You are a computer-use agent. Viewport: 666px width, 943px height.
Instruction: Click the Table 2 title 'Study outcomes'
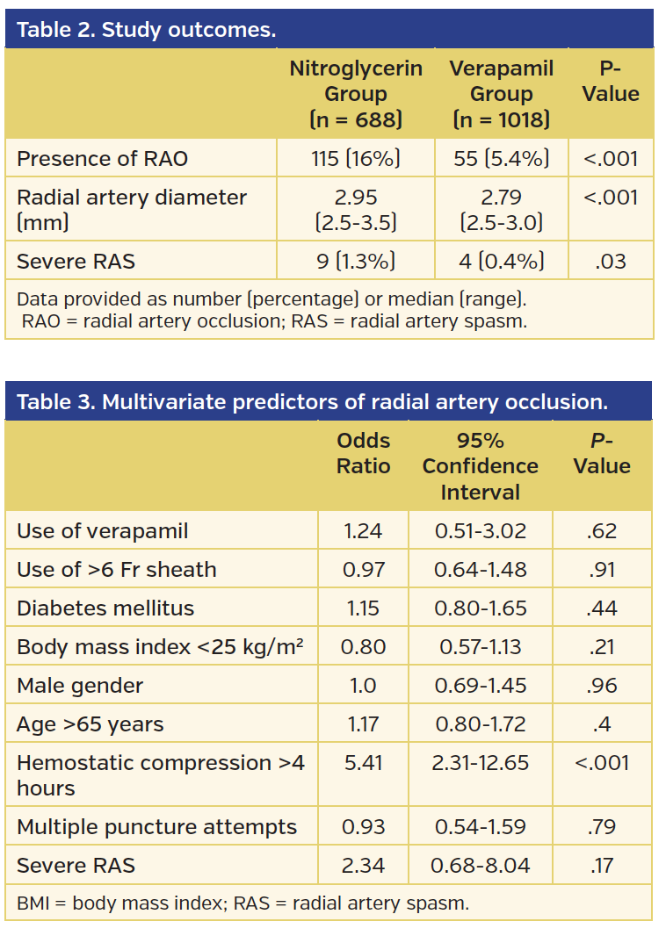pyautogui.click(x=146, y=30)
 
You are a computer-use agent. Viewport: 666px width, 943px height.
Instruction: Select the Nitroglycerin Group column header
pyautogui.click(x=356, y=93)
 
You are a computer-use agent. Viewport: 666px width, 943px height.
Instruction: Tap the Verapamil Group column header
pyautogui.click(x=501, y=93)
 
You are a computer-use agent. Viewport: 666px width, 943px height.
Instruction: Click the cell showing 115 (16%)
pyautogui.click(x=356, y=159)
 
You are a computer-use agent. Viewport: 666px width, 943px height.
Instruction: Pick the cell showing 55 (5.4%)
pyautogui.click(x=501, y=159)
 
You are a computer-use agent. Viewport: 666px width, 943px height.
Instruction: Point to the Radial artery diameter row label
pyautogui.click(x=132, y=210)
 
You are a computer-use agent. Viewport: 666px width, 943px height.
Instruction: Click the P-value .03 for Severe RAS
pyautogui.click(x=611, y=261)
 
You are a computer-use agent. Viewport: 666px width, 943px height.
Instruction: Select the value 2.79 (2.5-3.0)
pyautogui.click(x=501, y=210)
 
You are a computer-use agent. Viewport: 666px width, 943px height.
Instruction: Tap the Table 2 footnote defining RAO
pyautogui.click(x=274, y=320)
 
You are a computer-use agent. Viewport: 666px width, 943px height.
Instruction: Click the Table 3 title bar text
pyautogui.click(x=312, y=402)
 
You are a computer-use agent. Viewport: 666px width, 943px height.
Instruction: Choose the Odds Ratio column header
pyautogui.click(x=363, y=453)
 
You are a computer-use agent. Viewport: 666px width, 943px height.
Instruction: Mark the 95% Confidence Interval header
pyautogui.click(x=480, y=465)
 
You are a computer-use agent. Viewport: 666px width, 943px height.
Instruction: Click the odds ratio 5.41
pyautogui.click(x=363, y=762)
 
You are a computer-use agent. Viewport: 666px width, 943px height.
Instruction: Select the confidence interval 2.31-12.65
pyautogui.click(x=480, y=762)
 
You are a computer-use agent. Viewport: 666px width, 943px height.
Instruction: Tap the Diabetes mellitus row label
pyautogui.click(x=105, y=608)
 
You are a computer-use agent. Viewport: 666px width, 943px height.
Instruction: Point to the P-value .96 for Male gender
pyautogui.click(x=602, y=685)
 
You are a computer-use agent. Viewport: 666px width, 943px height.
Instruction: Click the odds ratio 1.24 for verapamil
pyautogui.click(x=363, y=530)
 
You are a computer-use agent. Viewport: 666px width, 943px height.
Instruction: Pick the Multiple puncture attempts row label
pyautogui.click(x=156, y=826)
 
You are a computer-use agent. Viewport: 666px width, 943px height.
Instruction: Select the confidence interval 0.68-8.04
pyautogui.click(x=480, y=866)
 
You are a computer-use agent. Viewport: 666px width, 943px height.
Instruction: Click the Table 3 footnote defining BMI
pyautogui.click(x=243, y=903)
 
